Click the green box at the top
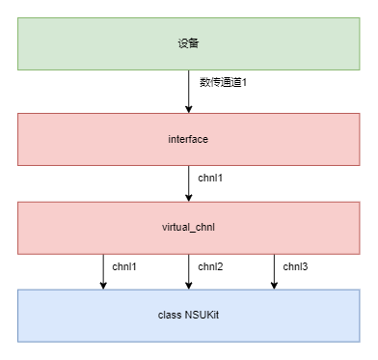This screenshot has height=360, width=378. (189, 43)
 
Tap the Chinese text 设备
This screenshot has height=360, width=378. (188, 43)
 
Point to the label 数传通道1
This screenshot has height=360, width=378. (223, 82)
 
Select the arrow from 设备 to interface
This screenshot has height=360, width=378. (189, 92)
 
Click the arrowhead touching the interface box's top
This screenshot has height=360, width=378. (189, 109)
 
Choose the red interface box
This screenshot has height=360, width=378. (189, 139)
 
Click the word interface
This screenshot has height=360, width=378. (188, 139)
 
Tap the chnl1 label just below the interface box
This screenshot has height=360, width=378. (210, 178)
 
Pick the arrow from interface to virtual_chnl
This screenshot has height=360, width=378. (189, 183)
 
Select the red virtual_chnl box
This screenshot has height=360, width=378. (189, 228)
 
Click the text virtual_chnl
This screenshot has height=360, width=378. (188, 228)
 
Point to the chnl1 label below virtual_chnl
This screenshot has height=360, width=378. (124, 266)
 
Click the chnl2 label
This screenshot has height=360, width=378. (210, 266)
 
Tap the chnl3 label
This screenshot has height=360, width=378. (295, 266)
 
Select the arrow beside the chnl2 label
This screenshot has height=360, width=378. (189, 272)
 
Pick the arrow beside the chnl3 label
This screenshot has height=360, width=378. (274, 272)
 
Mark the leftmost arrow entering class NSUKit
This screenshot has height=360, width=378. (103, 272)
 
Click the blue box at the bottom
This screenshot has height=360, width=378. (189, 316)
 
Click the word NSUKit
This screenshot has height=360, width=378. (202, 315)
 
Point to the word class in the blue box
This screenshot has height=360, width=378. (170, 315)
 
